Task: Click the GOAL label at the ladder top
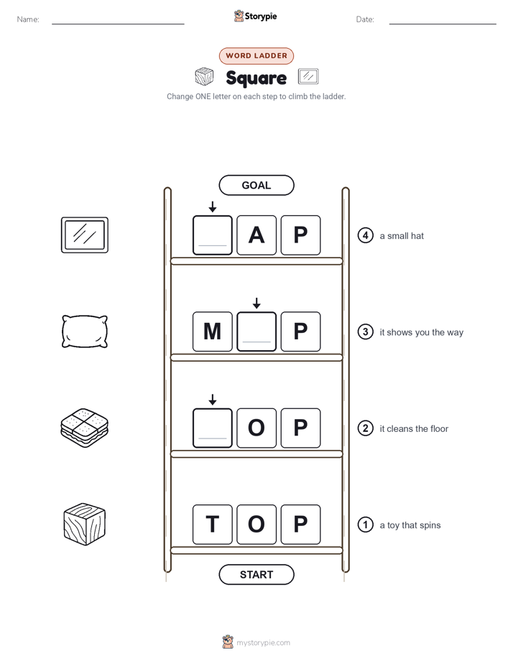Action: coord(256,185)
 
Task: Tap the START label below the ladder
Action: coord(256,575)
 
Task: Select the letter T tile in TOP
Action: coord(213,525)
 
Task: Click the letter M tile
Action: coord(213,331)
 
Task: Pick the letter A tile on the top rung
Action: coord(256,235)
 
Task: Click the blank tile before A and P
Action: coord(213,235)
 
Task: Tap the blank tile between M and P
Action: coord(256,331)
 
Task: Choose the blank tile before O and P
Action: coord(213,428)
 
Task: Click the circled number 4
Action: coord(365,235)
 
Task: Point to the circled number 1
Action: coord(365,525)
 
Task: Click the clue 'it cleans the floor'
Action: coord(414,429)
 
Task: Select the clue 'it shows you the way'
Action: coord(421,332)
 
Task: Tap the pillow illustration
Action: coord(85,331)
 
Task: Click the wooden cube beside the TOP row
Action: coord(85,525)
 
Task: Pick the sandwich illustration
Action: coord(85,428)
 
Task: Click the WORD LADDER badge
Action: coord(256,56)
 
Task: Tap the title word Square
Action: coord(256,77)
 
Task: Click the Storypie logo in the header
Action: coord(256,16)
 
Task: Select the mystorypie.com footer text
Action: coord(263,643)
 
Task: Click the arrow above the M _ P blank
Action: coord(256,303)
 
